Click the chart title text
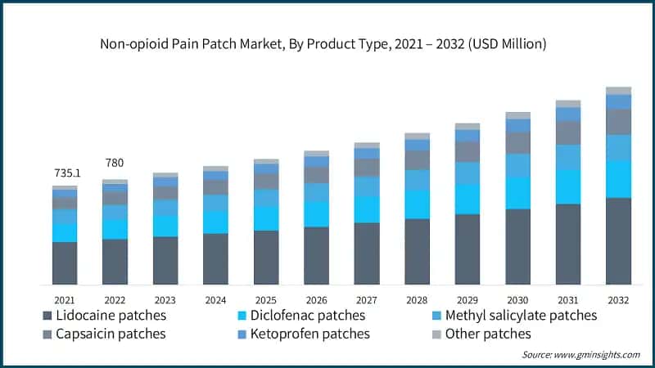coord(327,43)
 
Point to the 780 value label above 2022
coord(115,163)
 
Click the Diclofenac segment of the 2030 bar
coord(517,192)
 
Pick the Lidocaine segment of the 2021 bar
coord(65,263)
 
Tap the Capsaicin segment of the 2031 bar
coord(568,132)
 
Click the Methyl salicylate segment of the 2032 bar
coord(618,147)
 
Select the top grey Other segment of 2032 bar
coord(618,91)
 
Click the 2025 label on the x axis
coord(266,299)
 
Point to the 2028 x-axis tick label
coord(417,299)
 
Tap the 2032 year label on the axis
coord(618,299)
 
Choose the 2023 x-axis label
coord(165,299)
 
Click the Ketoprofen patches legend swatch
coord(242,334)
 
